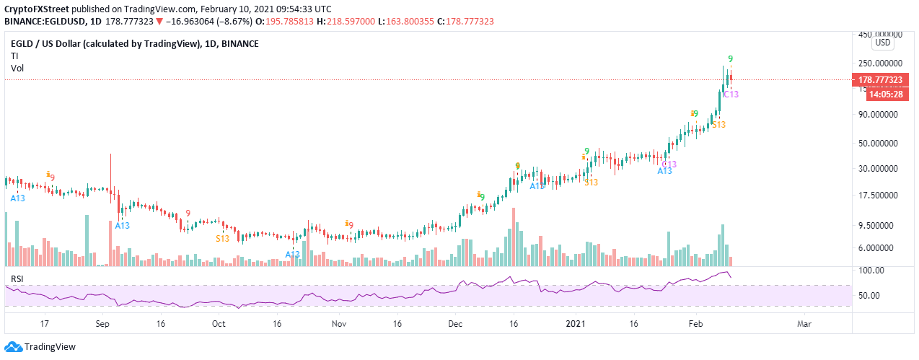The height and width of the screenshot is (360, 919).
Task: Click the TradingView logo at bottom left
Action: (x=41, y=347)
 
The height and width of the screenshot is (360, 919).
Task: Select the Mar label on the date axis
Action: (x=804, y=325)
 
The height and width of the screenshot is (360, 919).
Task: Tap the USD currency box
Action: (x=883, y=43)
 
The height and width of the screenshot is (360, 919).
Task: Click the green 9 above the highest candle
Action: (x=730, y=58)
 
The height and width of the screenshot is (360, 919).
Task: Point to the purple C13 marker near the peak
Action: (x=730, y=95)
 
